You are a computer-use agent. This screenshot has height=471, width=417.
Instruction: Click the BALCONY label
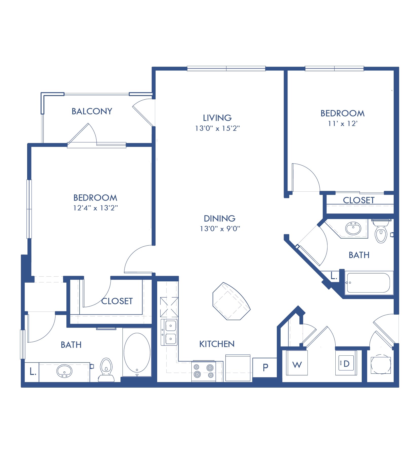(x=92, y=111)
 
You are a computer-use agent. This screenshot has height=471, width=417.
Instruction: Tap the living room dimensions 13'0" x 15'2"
(x=217, y=128)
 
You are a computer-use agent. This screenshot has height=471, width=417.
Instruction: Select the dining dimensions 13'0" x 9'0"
(x=220, y=229)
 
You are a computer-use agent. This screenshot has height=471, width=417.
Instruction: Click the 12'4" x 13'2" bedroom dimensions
(x=96, y=208)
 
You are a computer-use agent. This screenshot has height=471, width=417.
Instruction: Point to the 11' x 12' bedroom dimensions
(x=342, y=124)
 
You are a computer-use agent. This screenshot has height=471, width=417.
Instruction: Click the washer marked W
(x=297, y=365)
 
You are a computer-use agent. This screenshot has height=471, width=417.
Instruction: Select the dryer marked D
(x=346, y=364)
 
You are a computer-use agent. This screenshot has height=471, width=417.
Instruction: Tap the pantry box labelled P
(x=265, y=367)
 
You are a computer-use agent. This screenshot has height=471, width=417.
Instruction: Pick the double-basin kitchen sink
(x=169, y=332)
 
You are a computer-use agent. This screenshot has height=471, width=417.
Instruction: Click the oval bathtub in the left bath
(x=137, y=353)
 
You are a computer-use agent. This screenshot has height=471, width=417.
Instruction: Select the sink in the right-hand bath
(x=353, y=228)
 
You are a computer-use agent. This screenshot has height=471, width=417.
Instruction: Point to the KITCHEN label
(x=217, y=344)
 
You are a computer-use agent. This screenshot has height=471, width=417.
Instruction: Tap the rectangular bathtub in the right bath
(x=368, y=283)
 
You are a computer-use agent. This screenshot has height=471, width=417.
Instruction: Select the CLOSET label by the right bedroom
(x=358, y=200)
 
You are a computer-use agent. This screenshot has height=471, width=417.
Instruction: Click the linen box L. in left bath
(x=32, y=372)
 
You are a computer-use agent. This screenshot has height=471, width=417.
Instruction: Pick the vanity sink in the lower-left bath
(x=64, y=371)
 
